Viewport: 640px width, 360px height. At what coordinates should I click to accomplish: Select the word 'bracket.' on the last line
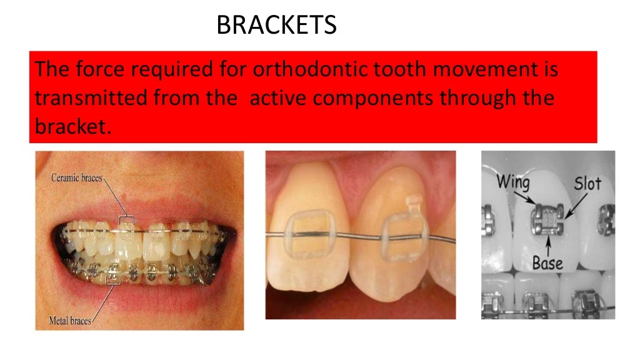(72, 129)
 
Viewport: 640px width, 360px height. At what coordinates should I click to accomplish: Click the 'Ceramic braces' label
(76, 178)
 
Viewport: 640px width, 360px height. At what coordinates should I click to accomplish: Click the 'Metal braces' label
(70, 321)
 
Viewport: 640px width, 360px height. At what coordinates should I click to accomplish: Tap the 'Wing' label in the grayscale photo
(512, 183)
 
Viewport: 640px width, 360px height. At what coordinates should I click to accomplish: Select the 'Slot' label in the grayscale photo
(587, 183)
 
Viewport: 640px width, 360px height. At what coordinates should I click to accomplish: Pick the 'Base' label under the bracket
(548, 262)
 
